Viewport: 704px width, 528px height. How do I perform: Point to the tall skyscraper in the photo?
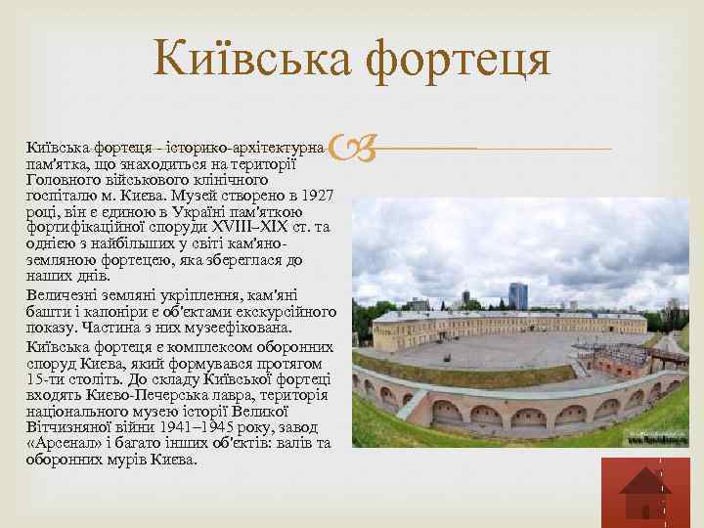517,294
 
